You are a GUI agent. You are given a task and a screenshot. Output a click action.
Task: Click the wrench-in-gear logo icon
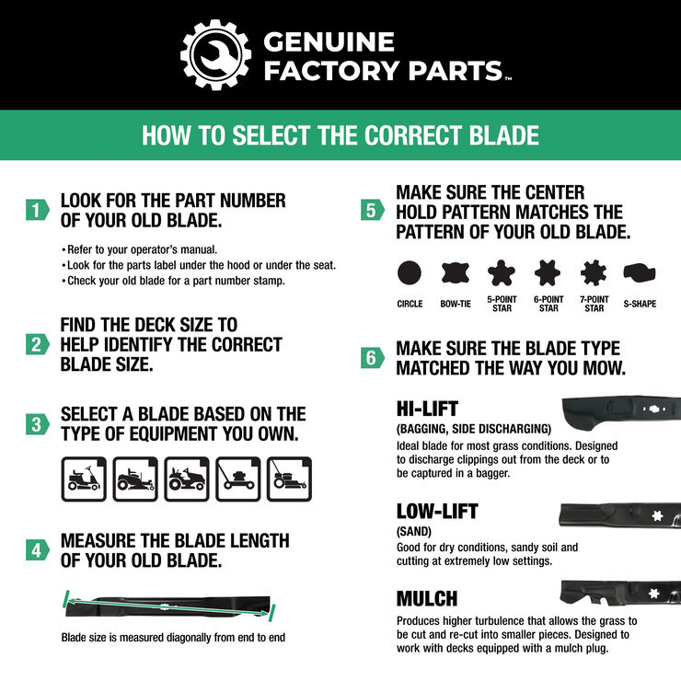[x=214, y=54]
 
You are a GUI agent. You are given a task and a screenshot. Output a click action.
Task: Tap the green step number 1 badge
[x=36, y=211]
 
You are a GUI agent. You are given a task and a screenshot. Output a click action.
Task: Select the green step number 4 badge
[x=36, y=550]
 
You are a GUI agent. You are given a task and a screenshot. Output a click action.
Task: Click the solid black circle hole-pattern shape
[x=410, y=272]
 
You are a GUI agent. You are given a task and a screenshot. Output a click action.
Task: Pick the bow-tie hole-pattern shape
[x=456, y=272]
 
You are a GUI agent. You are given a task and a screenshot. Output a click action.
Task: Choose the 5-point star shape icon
[x=501, y=272]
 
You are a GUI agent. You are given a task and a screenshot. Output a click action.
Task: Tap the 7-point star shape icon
[x=594, y=272]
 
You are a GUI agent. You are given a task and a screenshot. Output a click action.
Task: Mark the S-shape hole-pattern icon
[x=640, y=272]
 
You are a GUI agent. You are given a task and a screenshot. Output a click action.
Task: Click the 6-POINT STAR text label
[x=548, y=305]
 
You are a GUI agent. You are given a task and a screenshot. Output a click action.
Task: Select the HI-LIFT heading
[x=427, y=409]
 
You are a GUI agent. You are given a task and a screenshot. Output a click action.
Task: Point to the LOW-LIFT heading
[x=437, y=511]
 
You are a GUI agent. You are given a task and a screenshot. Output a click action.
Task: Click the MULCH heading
[x=426, y=599]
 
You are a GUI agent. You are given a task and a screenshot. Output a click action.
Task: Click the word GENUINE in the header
[x=329, y=41]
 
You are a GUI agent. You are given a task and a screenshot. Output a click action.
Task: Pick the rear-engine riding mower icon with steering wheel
[x=84, y=479]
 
